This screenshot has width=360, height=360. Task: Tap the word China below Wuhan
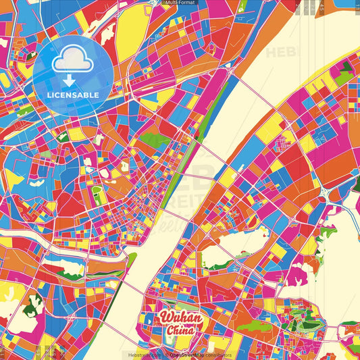180,331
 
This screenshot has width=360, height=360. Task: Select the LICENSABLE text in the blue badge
73,94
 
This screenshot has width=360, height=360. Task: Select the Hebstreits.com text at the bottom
140,354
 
